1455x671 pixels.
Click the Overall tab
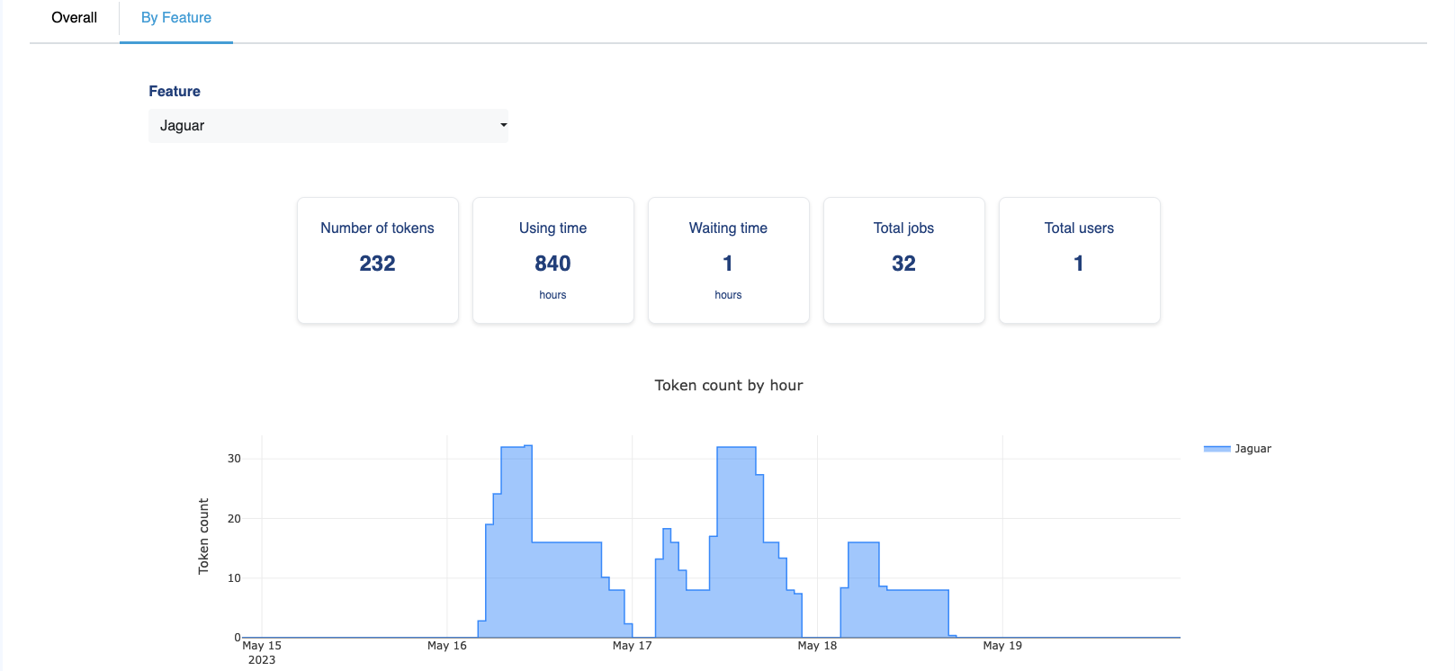[x=74, y=18]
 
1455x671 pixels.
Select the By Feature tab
[x=176, y=18]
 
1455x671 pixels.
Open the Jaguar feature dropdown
[x=328, y=126]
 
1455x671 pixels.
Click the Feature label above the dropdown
[x=175, y=92]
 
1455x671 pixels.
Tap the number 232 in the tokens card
[x=377, y=264]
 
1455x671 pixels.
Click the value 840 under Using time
[x=552, y=264]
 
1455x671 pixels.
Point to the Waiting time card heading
[x=728, y=228]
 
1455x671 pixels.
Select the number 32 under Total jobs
[x=903, y=264]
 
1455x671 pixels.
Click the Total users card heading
[x=1079, y=228]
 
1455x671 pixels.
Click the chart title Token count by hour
[x=729, y=386]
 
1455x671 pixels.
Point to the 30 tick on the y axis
[x=234, y=459]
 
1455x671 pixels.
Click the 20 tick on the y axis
[x=234, y=519]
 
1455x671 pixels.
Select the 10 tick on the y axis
[x=234, y=578]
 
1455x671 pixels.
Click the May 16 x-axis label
[x=447, y=646]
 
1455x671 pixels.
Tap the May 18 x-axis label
[x=817, y=646]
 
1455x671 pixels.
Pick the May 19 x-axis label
[x=1002, y=646]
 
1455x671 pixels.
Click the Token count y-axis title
[x=203, y=536]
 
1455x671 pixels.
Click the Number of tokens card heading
[x=377, y=228]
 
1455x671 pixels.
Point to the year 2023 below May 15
[x=262, y=660]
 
